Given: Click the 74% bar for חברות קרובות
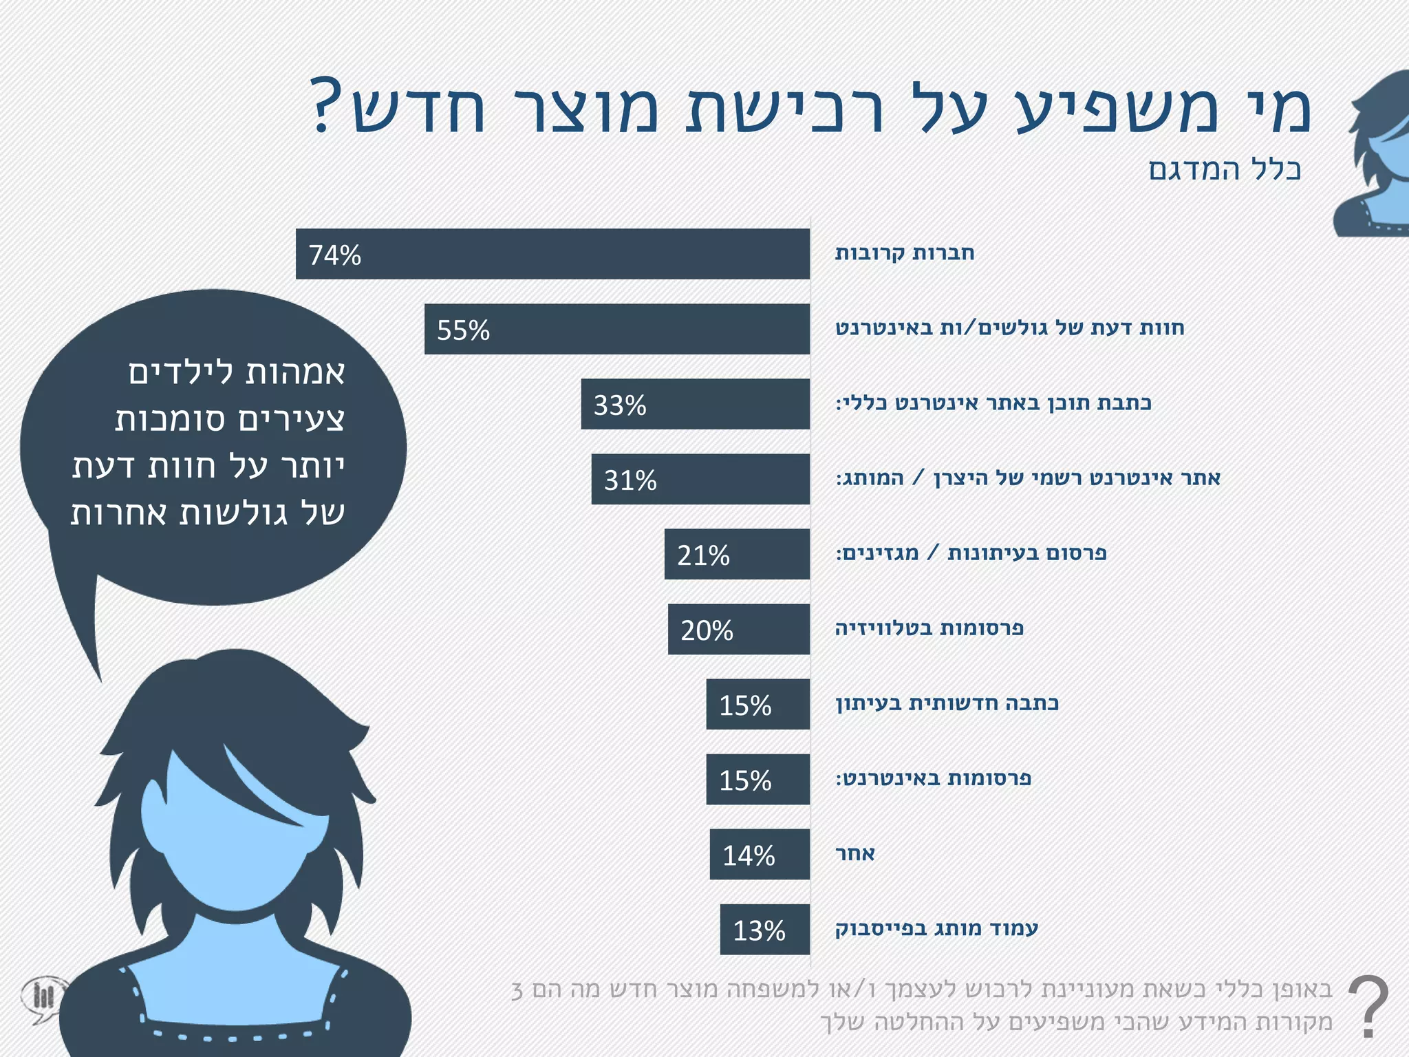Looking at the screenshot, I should (x=552, y=254).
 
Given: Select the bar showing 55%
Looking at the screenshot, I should (x=616, y=329).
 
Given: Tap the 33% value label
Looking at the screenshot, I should (x=620, y=405).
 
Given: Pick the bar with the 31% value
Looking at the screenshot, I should (x=700, y=479).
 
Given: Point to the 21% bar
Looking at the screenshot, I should (x=737, y=554).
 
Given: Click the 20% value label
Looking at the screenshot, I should (x=707, y=630).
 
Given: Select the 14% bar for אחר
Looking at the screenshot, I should (x=760, y=854).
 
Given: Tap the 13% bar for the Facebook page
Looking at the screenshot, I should (x=764, y=929).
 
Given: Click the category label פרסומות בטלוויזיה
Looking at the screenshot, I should (x=929, y=628).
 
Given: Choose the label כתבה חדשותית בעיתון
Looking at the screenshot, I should (x=947, y=703).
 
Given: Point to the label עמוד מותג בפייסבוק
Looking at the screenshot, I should (x=936, y=929).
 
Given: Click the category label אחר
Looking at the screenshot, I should (x=854, y=854).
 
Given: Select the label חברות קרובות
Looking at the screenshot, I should (x=905, y=253).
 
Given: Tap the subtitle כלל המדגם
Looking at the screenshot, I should (x=1225, y=169).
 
